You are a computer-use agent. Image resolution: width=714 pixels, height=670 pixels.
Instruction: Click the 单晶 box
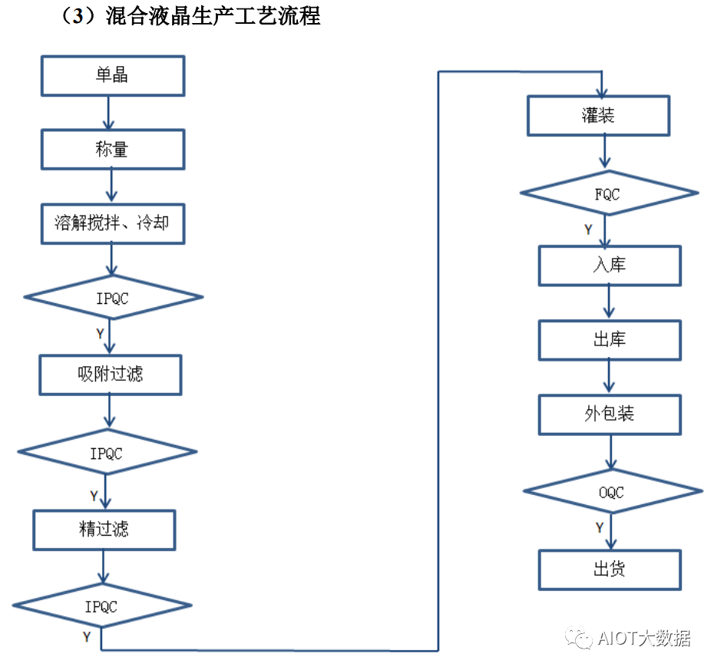[112, 75]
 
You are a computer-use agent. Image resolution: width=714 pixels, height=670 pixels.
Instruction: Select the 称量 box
[112, 149]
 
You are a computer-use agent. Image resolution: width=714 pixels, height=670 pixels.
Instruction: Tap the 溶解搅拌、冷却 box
[112, 223]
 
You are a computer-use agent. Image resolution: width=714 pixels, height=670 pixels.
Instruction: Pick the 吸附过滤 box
[110, 375]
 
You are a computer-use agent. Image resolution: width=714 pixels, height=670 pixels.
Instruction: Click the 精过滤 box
[104, 529]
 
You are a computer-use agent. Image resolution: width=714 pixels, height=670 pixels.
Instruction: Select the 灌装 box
[597, 116]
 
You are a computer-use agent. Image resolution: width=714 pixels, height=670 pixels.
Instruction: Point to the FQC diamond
[608, 194]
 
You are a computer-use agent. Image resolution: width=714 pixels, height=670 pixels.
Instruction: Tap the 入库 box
[610, 266]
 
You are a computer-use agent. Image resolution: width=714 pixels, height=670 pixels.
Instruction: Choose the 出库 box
[610, 340]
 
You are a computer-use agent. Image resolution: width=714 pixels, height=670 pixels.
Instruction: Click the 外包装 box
[610, 414]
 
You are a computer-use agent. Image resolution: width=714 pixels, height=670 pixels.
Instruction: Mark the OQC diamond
[612, 492]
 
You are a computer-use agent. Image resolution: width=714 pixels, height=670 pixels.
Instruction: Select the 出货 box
[610, 569]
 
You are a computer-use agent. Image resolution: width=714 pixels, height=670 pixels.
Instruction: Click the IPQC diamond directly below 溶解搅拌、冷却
[113, 297]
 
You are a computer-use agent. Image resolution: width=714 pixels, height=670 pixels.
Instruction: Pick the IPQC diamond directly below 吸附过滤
[107, 454]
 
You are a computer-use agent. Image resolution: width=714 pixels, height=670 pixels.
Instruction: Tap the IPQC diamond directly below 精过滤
[101, 606]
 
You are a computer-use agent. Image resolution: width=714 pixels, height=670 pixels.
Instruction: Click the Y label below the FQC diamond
[588, 229]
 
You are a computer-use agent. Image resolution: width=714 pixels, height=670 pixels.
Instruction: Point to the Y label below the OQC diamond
[599, 527]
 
